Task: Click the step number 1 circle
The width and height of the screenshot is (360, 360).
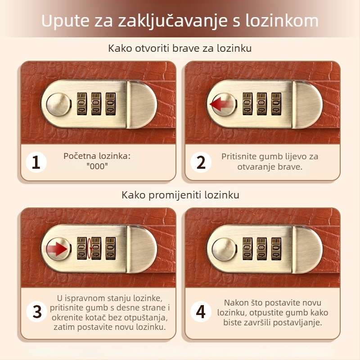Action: click(36, 162)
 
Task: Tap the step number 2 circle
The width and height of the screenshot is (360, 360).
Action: click(201, 162)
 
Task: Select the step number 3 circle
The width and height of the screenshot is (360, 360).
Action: click(37, 311)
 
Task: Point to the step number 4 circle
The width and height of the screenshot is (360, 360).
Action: click(201, 311)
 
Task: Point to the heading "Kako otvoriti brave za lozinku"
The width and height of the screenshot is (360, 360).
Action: click(180, 48)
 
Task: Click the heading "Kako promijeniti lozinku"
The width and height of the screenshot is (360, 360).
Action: click(180, 195)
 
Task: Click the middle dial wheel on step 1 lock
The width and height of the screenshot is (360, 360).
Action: click(96, 103)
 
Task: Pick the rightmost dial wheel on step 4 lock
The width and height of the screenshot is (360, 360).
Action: click(276, 248)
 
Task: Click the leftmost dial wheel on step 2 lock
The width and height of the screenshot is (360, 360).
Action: click(247, 103)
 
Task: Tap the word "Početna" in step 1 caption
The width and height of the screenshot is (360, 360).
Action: click(80, 156)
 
